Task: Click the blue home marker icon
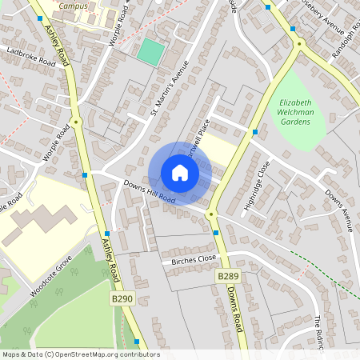pyautogui.click(x=179, y=173)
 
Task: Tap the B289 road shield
pyautogui.click(x=229, y=276)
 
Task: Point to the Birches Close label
pyautogui.click(x=194, y=260)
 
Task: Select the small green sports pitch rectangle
pyautogui.click(x=150, y=52)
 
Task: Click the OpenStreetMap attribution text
pyautogui.click(x=80, y=354)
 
